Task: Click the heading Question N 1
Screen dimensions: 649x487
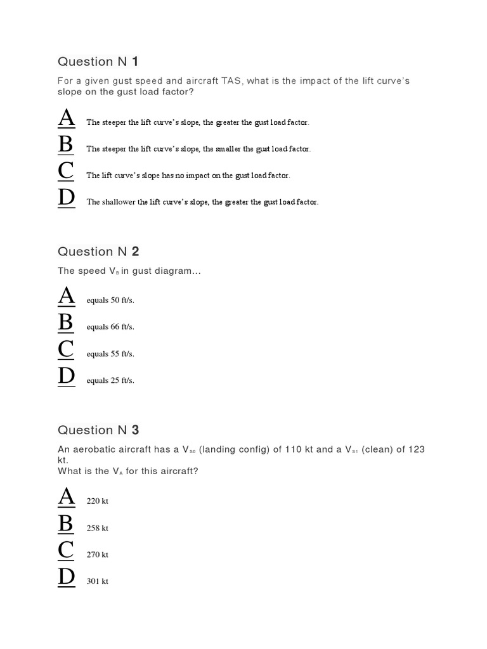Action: (98, 61)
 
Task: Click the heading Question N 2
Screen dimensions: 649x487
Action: (98, 252)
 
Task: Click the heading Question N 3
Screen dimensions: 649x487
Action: (98, 430)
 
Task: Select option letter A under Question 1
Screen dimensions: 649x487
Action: (66, 119)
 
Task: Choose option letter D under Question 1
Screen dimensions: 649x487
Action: (66, 198)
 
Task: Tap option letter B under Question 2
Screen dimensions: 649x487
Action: (66, 323)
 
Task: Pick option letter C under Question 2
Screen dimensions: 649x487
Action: (66, 350)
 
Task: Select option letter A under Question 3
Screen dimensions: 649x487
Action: (66, 498)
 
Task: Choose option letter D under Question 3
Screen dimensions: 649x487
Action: (66, 577)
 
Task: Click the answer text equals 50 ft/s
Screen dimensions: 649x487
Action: (110, 300)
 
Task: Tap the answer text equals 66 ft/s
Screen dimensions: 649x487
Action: (110, 327)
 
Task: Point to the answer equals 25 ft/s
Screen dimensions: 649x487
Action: (110, 381)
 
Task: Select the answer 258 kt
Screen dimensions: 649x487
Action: (98, 528)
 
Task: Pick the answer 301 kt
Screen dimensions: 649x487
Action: (98, 581)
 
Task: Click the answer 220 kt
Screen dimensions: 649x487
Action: (98, 501)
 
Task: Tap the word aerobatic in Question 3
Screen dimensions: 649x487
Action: (95, 449)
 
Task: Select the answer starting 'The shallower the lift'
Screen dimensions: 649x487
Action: (202, 202)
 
